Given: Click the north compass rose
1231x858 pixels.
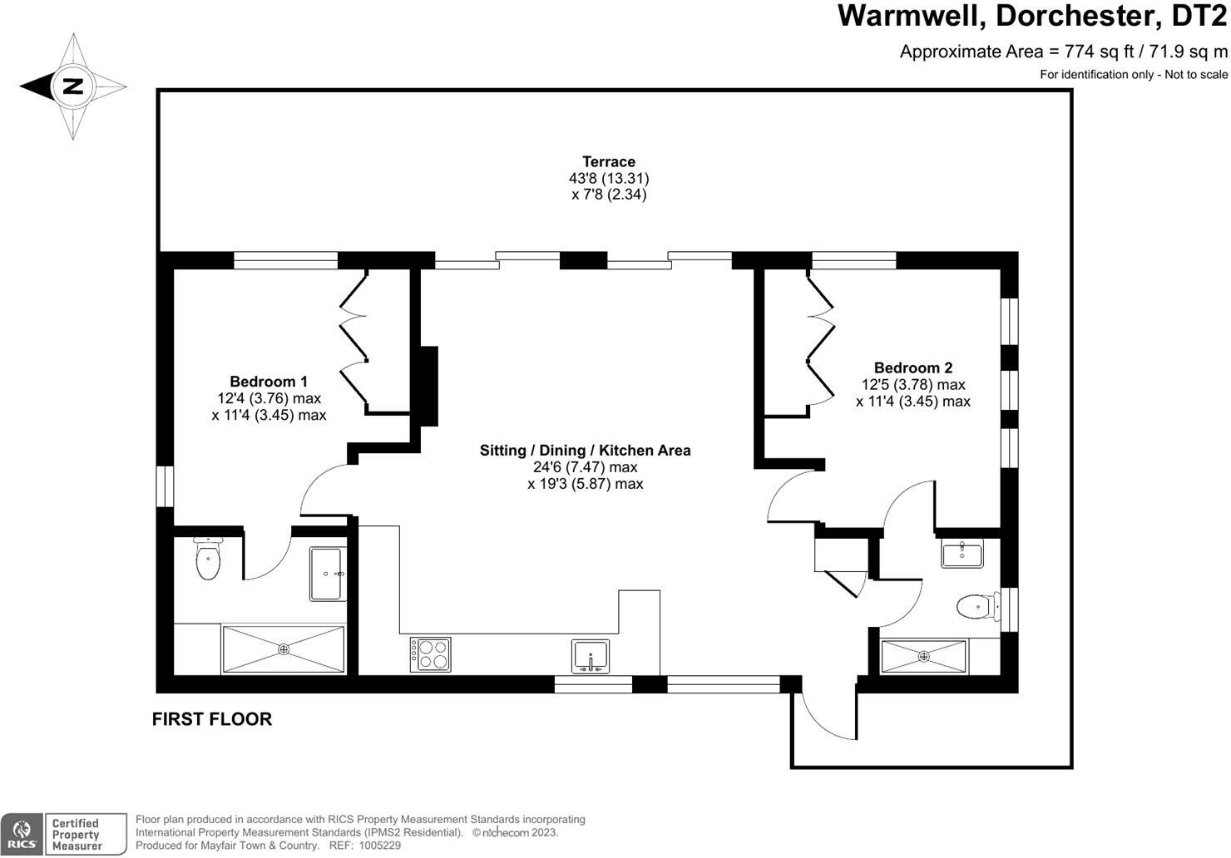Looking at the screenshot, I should [73, 86].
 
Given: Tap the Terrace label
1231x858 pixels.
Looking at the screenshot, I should [609, 162].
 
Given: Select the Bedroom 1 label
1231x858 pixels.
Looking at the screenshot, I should [269, 382].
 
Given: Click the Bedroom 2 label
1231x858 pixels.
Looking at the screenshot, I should [913, 367].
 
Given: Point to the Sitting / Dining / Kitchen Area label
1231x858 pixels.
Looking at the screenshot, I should [585, 451].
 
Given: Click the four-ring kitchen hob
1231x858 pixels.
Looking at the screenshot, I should [430, 654].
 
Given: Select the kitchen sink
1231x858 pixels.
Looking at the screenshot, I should [591, 656].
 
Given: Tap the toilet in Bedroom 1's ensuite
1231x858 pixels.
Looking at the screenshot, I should [207, 559].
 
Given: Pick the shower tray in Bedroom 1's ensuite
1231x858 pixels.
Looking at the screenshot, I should [283, 649].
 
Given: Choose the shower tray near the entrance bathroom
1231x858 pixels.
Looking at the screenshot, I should [924, 656].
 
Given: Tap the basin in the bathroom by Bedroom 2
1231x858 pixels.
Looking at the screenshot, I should [962, 553].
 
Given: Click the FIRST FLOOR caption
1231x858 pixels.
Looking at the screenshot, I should [212, 719].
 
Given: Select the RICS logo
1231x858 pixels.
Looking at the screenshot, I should [22, 834].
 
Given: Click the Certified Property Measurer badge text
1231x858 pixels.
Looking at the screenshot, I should [76, 835].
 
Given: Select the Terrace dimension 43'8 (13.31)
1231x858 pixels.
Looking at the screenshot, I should [609, 178].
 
